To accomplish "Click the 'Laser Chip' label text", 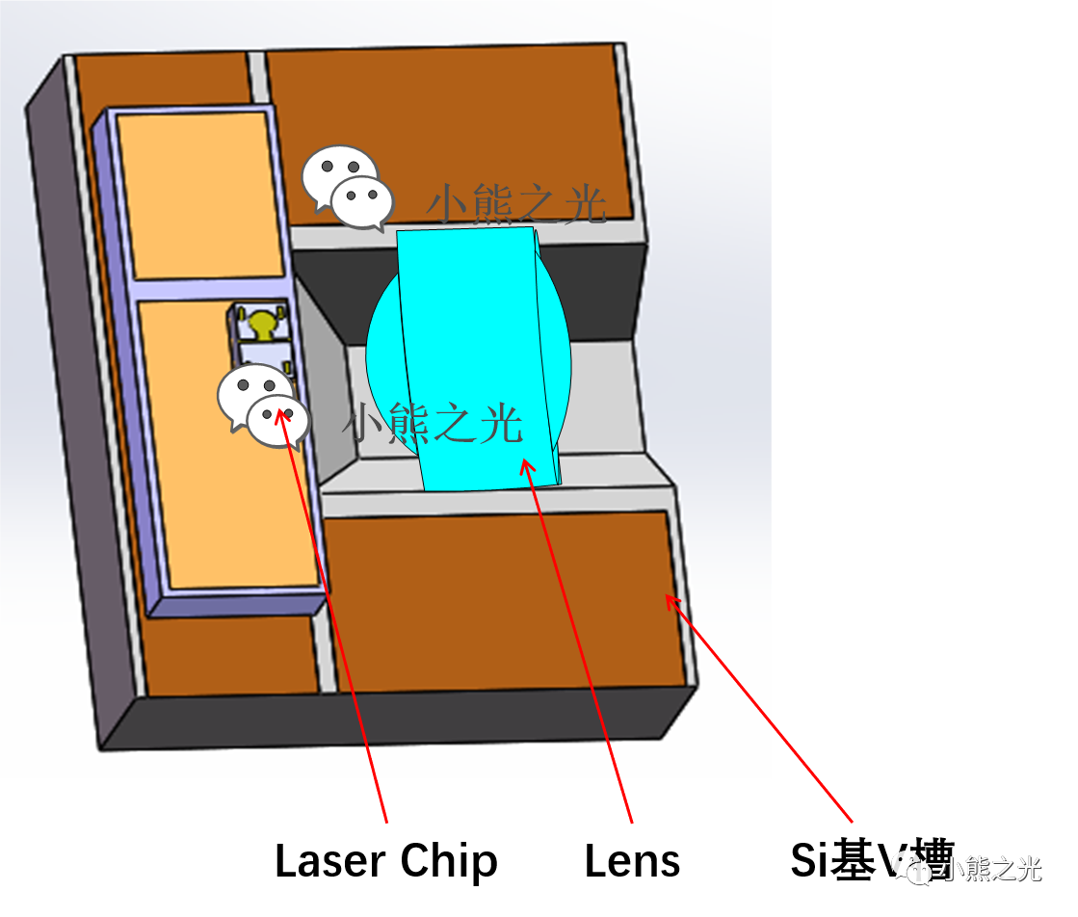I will point(385,860).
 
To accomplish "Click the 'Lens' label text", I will point(632,860).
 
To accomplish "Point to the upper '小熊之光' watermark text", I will point(516,205).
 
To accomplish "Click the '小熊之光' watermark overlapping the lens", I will point(434,424).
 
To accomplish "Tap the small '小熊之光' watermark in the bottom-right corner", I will point(992,871).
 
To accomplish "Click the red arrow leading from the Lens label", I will point(578,645).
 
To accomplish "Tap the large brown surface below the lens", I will point(501,597).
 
